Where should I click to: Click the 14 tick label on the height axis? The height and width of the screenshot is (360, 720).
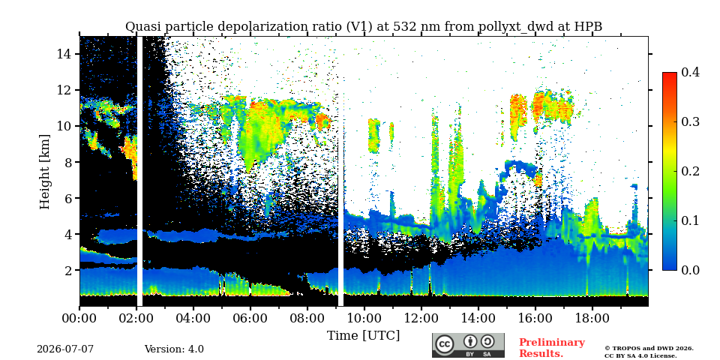tap(63, 54)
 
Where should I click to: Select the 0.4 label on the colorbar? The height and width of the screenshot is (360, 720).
tap(690, 72)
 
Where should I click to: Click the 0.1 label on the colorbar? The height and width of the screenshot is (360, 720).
tap(690, 220)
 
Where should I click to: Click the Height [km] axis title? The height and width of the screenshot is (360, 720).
tap(44, 172)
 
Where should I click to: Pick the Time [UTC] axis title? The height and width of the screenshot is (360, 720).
tap(363, 335)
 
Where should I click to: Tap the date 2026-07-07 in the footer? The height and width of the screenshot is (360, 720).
tap(65, 349)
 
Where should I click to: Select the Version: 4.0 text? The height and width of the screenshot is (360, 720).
tap(174, 349)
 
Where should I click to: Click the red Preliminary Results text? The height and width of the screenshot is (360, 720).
tap(552, 347)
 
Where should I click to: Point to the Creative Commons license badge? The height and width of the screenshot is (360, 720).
tap(468, 345)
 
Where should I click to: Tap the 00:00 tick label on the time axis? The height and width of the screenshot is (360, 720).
tap(79, 318)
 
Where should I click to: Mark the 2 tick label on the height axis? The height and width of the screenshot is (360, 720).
tap(66, 270)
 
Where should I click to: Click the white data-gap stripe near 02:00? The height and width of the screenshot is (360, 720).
tap(139, 171)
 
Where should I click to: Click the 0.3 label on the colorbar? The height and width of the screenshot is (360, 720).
tap(690, 121)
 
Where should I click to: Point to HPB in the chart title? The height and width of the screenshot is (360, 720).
tap(588, 27)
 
